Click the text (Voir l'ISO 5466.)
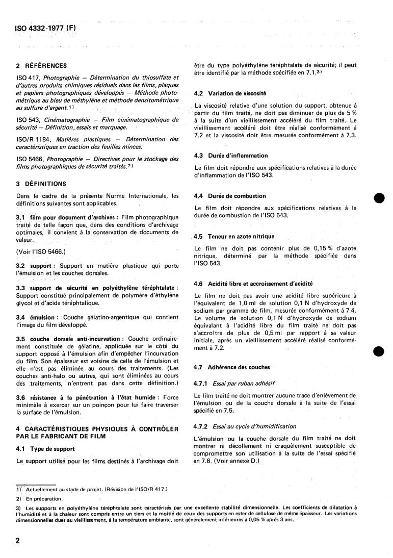(38, 251)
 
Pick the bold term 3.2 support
(36, 266)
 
